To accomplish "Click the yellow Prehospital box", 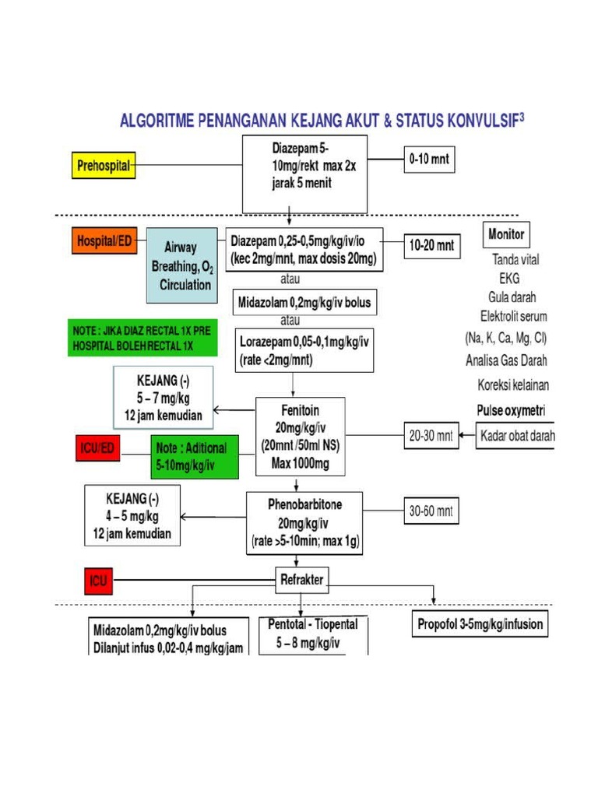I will (102, 165).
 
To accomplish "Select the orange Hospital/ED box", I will (104, 242).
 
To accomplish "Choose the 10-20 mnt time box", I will (432, 247).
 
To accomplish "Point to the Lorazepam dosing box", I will (304, 349).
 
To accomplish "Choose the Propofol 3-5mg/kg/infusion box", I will (480, 624).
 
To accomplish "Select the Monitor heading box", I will (506, 234).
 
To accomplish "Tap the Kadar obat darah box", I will (516, 436).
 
